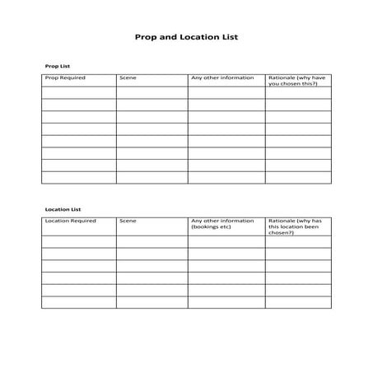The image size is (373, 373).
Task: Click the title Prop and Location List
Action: tap(186, 37)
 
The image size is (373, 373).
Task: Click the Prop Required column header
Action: tap(65, 78)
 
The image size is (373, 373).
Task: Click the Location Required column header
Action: tap(70, 221)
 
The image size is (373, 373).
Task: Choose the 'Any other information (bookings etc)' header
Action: tap(222, 224)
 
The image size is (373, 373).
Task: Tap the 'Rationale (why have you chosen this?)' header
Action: tap(296, 81)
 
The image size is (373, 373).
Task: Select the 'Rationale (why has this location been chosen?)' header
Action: tap(296, 226)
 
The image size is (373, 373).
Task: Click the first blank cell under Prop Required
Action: tap(78, 93)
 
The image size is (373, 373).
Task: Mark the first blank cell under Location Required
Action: tap(78, 242)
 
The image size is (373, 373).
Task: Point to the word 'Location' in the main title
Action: tap(192, 37)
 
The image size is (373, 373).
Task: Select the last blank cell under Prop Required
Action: tap(78, 177)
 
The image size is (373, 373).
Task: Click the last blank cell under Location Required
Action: tap(78, 302)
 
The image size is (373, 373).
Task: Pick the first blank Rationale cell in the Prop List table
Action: tap(297, 93)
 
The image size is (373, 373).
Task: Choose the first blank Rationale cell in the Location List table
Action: tap(297, 242)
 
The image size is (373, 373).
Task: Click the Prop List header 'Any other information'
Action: tap(222, 78)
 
